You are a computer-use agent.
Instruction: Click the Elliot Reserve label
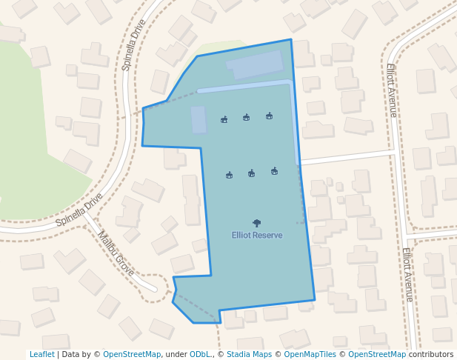[257, 236]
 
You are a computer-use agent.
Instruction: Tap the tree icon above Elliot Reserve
[257, 223]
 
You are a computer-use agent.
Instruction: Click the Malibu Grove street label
[116, 253]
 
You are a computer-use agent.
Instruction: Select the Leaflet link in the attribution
[41, 355]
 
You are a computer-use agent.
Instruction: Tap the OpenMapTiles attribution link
[305, 355]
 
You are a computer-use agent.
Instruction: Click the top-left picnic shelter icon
[224, 119]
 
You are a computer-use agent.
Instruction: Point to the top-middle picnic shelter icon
[246, 117]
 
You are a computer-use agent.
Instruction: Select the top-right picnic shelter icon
[269, 116]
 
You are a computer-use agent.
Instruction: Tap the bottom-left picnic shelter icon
[230, 175]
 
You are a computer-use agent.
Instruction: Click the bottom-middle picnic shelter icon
[252, 173]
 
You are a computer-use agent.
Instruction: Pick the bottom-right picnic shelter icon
[275, 171]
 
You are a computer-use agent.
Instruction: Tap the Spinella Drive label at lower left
[79, 210]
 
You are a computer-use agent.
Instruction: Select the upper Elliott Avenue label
[392, 90]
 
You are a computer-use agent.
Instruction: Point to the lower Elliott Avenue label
[408, 274]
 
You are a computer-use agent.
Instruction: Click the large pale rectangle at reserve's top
[256, 65]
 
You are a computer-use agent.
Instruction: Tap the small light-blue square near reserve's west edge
[199, 119]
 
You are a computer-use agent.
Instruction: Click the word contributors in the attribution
[431, 355]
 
